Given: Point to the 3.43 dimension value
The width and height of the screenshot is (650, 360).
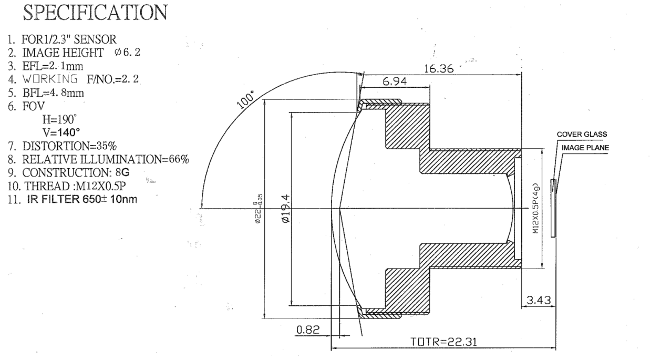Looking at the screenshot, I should [539, 301].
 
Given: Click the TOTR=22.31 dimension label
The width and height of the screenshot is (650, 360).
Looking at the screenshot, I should [445, 342].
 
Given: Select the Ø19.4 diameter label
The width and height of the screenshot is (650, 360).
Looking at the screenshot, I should [286, 209].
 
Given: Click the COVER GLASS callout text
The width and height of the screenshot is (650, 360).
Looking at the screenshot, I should [582, 134].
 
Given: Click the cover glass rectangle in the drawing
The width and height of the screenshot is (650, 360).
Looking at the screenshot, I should [552, 208].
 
